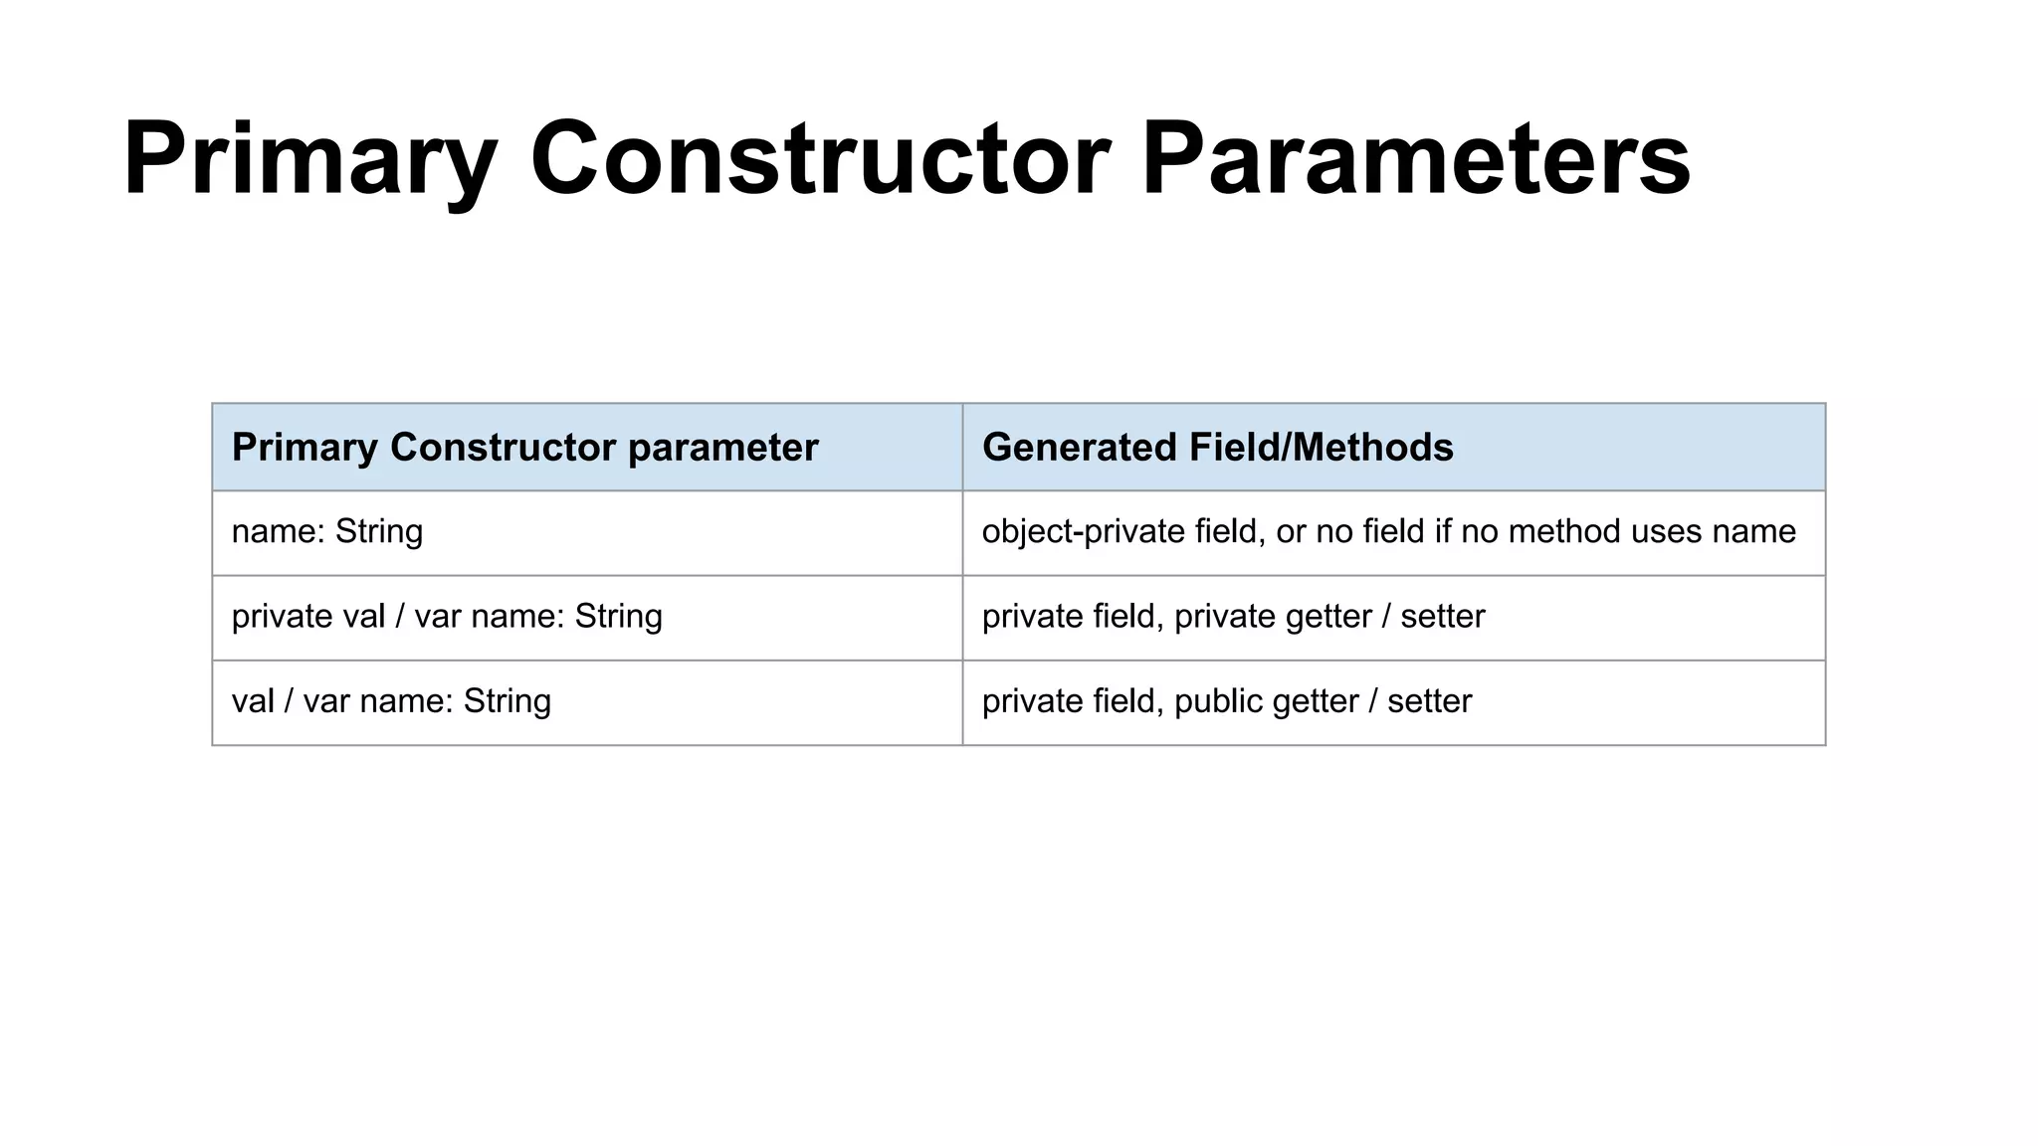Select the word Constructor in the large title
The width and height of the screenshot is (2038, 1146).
click(x=820, y=159)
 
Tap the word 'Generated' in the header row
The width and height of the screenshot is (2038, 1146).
click(x=1080, y=448)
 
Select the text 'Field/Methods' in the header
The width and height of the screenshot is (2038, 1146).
click(x=1322, y=448)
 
